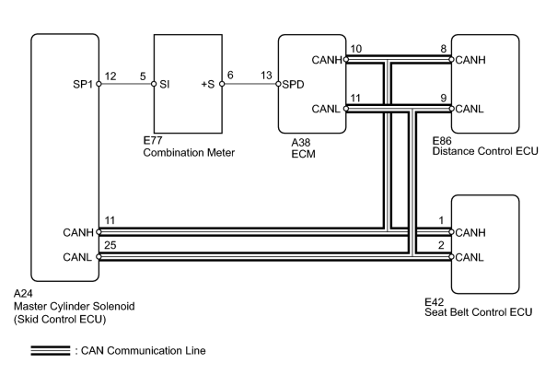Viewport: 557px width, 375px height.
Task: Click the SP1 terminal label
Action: (x=83, y=84)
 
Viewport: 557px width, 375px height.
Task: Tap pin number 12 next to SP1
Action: (x=110, y=76)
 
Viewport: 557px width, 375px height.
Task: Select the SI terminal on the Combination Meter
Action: (x=165, y=84)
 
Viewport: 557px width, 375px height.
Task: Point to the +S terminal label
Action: (x=208, y=84)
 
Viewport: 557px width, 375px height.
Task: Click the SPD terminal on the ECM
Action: (x=293, y=85)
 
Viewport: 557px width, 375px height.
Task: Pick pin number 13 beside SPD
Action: (x=266, y=76)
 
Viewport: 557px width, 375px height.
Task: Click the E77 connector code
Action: (x=153, y=140)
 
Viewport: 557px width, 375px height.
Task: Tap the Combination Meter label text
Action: (x=189, y=153)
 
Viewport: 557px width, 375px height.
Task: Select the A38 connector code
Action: (x=300, y=143)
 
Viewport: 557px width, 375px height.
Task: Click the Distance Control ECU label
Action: (x=485, y=151)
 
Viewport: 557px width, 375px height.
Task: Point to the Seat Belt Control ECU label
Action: (x=479, y=312)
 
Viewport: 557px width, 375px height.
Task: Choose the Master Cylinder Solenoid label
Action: (x=75, y=306)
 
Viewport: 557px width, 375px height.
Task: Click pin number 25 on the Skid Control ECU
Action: (x=110, y=245)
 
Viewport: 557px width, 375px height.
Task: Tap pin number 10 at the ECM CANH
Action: (x=356, y=49)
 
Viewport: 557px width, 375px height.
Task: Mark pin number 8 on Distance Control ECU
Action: (x=444, y=49)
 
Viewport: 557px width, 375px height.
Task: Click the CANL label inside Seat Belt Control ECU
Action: (x=470, y=257)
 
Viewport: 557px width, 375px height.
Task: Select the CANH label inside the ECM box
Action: (x=327, y=60)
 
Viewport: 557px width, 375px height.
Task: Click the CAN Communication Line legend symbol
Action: (x=51, y=350)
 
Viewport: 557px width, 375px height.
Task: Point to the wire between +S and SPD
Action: (x=250, y=84)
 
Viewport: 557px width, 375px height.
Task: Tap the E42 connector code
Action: (x=434, y=302)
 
